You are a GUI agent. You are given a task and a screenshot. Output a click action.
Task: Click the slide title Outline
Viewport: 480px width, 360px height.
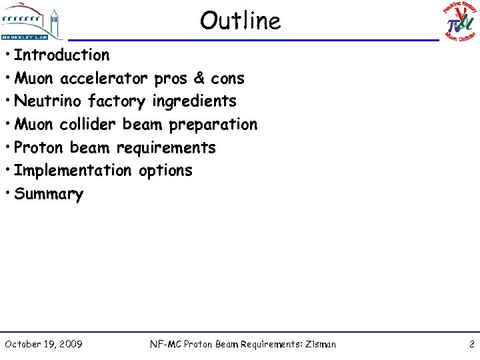[240, 21]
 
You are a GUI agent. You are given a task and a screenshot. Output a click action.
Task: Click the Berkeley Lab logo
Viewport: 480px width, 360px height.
[31, 21]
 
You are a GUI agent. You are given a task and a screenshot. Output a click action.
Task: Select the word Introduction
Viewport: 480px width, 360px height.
[61, 55]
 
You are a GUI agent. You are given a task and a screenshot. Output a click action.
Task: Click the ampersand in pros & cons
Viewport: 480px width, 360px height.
[199, 79]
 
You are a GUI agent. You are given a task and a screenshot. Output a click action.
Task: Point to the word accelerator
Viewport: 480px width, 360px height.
[105, 79]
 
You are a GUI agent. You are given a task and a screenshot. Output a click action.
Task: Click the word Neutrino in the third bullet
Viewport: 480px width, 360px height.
[45, 101]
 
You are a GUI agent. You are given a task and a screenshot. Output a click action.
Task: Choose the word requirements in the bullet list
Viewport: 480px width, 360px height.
[166, 148]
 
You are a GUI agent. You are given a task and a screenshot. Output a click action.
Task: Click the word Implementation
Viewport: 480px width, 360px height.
[73, 171]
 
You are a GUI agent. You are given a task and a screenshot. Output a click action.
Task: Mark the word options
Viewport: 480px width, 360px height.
[165, 171]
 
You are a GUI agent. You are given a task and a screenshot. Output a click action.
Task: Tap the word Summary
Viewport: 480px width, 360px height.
[49, 195]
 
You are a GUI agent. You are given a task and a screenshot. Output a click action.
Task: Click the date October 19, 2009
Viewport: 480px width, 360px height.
[43, 344]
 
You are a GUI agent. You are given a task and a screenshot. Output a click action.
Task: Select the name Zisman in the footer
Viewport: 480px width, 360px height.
[321, 344]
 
